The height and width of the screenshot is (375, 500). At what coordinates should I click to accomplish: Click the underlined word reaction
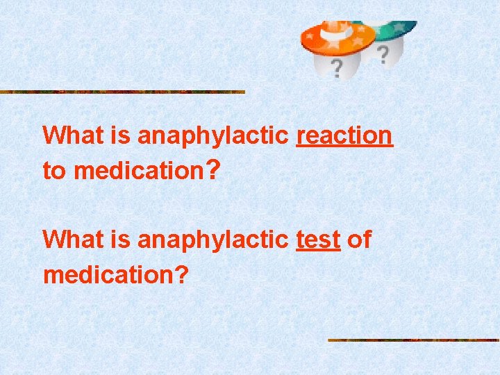[344, 135]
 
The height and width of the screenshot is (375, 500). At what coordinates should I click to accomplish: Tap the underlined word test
[318, 240]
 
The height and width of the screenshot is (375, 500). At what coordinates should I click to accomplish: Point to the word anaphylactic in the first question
[212, 135]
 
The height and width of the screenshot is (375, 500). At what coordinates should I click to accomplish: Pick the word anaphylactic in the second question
[212, 240]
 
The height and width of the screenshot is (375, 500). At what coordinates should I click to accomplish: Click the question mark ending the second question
[181, 274]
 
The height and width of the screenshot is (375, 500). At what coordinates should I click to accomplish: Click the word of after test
[359, 240]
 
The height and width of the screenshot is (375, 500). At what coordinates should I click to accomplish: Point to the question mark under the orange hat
[336, 68]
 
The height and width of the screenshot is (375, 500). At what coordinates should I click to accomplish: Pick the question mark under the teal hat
[382, 53]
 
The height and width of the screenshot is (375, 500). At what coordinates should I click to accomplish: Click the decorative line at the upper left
[122, 92]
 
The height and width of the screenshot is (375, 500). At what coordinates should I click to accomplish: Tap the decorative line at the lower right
[413, 340]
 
